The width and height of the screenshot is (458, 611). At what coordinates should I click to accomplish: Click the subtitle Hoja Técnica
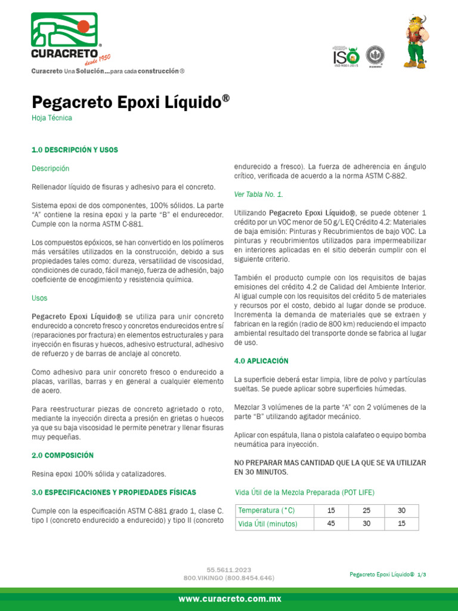(x=52, y=118)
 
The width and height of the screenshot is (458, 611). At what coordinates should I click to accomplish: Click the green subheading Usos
(x=39, y=298)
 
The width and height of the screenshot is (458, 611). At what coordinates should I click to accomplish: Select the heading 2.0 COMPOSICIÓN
(x=63, y=455)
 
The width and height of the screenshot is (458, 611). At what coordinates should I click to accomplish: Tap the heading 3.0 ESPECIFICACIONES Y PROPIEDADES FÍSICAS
(x=113, y=492)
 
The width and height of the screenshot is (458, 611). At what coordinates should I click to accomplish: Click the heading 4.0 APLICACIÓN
(x=261, y=361)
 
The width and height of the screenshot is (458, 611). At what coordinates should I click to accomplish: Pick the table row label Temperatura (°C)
(x=267, y=511)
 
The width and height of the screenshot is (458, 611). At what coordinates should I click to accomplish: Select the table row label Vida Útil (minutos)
(x=268, y=524)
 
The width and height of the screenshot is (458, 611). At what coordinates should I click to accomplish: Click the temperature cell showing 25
(x=366, y=511)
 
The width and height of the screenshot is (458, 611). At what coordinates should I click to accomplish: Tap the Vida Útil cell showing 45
(x=332, y=524)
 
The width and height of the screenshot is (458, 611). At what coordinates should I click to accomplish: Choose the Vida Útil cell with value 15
(x=401, y=524)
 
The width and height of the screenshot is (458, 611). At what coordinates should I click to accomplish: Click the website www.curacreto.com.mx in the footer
(x=229, y=598)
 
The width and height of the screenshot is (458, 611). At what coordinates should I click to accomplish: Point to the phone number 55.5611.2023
(x=229, y=570)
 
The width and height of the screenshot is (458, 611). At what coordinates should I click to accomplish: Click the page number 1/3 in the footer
(x=422, y=574)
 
